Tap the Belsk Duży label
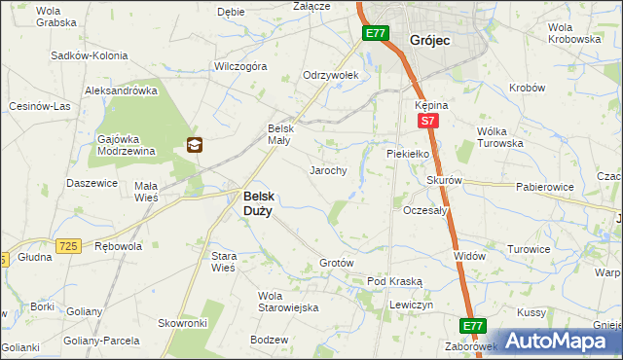pyautogui.click(x=257, y=201)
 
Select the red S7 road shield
pyautogui.click(x=426, y=122)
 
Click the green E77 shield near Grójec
pyautogui.click(x=376, y=34)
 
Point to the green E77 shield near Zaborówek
pyautogui.click(x=473, y=326)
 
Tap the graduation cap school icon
pyautogui.click(x=195, y=146)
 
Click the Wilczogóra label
pyautogui.click(x=241, y=67)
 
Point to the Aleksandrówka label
pyautogui.click(x=121, y=90)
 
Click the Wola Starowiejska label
pyautogui.click(x=288, y=302)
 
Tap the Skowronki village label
pyautogui.click(x=183, y=322)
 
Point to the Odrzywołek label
pyautogui.click(x=331, y=75)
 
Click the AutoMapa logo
pyautogui.click(x=560, y=341)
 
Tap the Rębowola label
pyautogui.click(x=118, y=247)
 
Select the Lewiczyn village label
pyautogui.click(x=411, y=305)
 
